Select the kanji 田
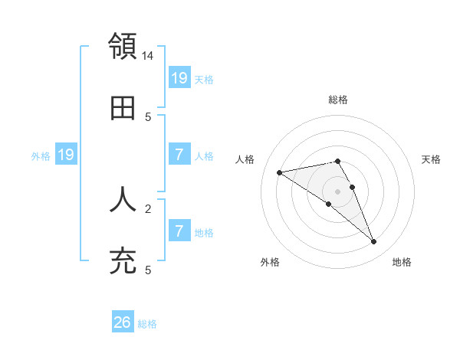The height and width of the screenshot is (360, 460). click(x=123, y=109)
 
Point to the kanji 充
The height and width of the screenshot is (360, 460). click(x=123, y=261)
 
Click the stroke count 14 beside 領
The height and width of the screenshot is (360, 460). click(x=148, y=56)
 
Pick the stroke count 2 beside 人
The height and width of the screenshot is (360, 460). click(x=148, y=208)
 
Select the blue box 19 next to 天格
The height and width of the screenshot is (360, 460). click(x=179, y=78)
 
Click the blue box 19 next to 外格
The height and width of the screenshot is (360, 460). click(x=66, y=155)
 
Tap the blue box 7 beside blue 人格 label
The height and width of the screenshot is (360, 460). click(x=179, y=155)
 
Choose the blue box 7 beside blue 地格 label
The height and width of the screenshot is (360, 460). click(x=179, y=231)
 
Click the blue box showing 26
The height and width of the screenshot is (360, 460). click(x=123, y=322)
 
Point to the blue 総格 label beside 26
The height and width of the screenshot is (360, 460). click(x=148, y=324)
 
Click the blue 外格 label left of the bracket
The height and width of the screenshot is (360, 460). click(x=41, y=155)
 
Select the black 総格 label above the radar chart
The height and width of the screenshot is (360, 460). click(x=338, y=100)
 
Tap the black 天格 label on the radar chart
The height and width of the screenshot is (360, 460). click(x=432, y=159)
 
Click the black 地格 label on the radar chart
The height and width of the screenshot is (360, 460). click(x=402, y=262)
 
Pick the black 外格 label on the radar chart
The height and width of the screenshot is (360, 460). click(x=270, y=262)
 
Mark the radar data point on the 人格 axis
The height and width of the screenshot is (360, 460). click(x=280, y=172)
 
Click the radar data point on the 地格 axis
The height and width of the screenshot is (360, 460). click(x=374, y=241)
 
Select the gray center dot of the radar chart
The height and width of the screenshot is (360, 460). click(x=338, y=191)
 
